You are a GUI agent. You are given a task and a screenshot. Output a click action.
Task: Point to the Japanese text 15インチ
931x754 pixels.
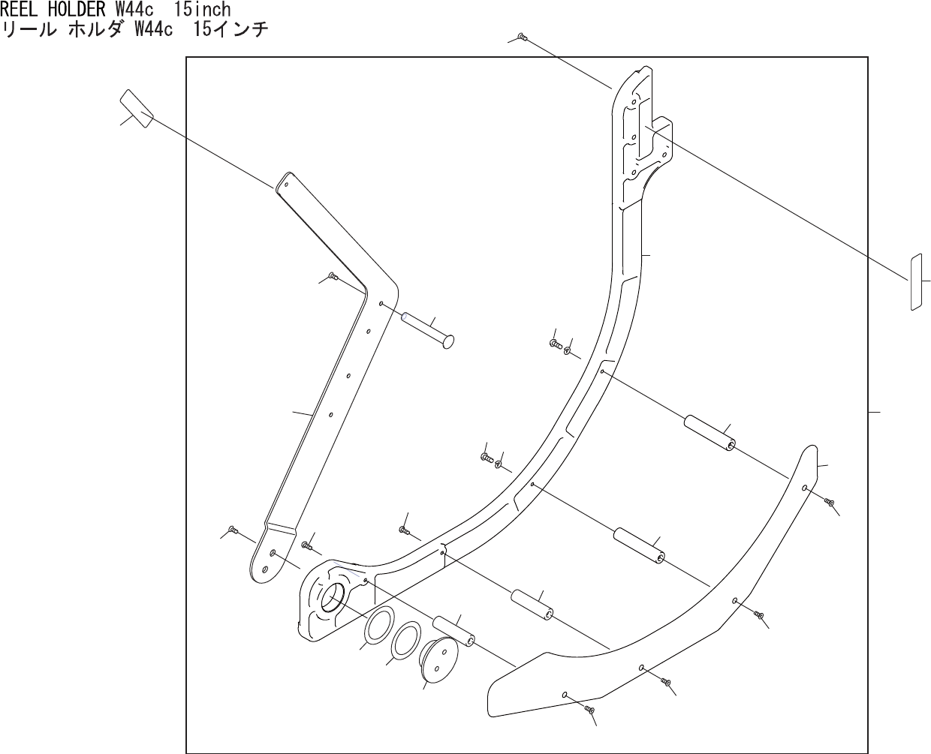[x=230, y=30]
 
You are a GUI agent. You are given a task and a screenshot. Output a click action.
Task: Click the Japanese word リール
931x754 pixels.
[x=29, y=30]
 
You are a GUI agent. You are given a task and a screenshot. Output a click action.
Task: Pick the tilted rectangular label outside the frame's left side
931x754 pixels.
[x=137, y=108]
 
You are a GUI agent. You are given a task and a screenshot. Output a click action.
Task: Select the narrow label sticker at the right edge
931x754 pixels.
[x=916, y=282]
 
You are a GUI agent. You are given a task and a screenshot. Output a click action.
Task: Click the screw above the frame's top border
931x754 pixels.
[x=522, y=36]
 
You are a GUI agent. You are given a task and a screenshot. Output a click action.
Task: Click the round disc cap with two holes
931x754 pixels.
[x=438, y=659]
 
